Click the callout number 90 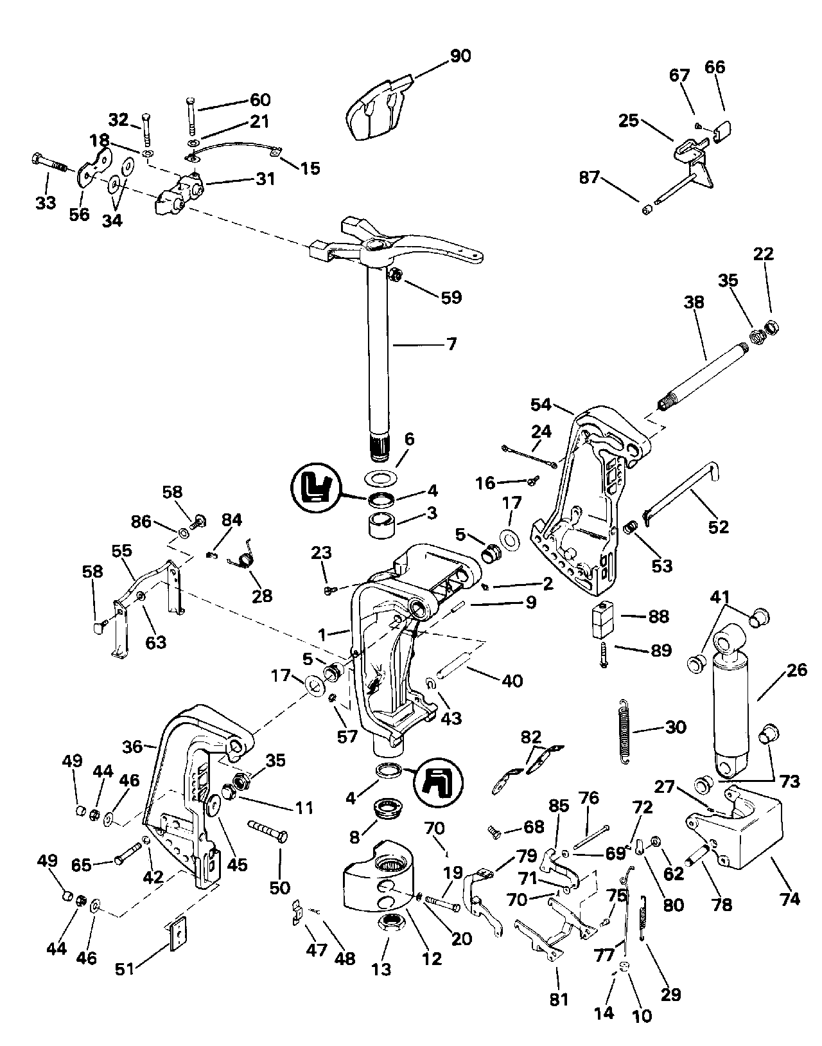[460, 56]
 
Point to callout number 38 [695, 302]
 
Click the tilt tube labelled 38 [703, 373]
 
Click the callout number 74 [790, 898]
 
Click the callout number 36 [132, 747]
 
